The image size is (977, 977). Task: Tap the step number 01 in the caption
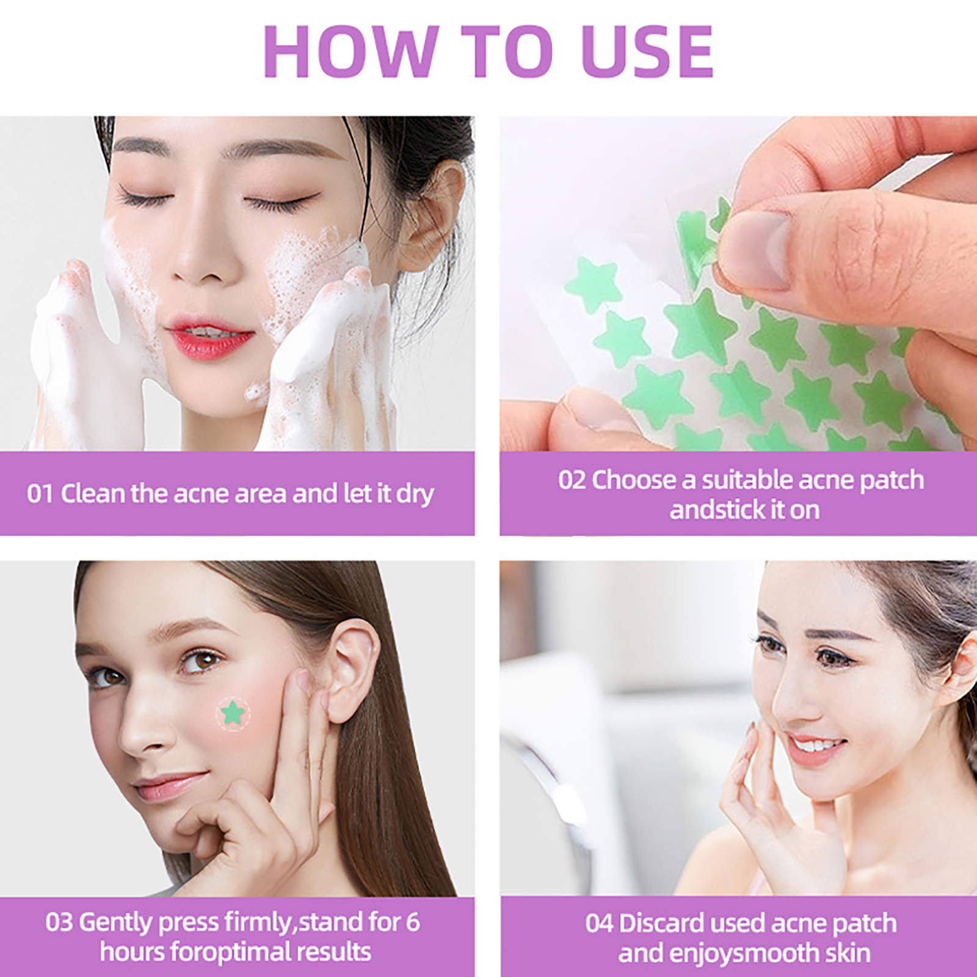[x=40, y=494]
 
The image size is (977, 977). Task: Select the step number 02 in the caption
[x=572, y=480]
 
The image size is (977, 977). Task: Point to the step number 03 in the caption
[x=59, y=923]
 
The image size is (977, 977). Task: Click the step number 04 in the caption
[x=599, y=923]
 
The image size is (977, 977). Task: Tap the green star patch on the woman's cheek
[x=233, y=713]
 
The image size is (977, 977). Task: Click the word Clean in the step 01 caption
[x=92, y=493]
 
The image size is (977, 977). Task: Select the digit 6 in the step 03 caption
[x=413, y=923]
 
